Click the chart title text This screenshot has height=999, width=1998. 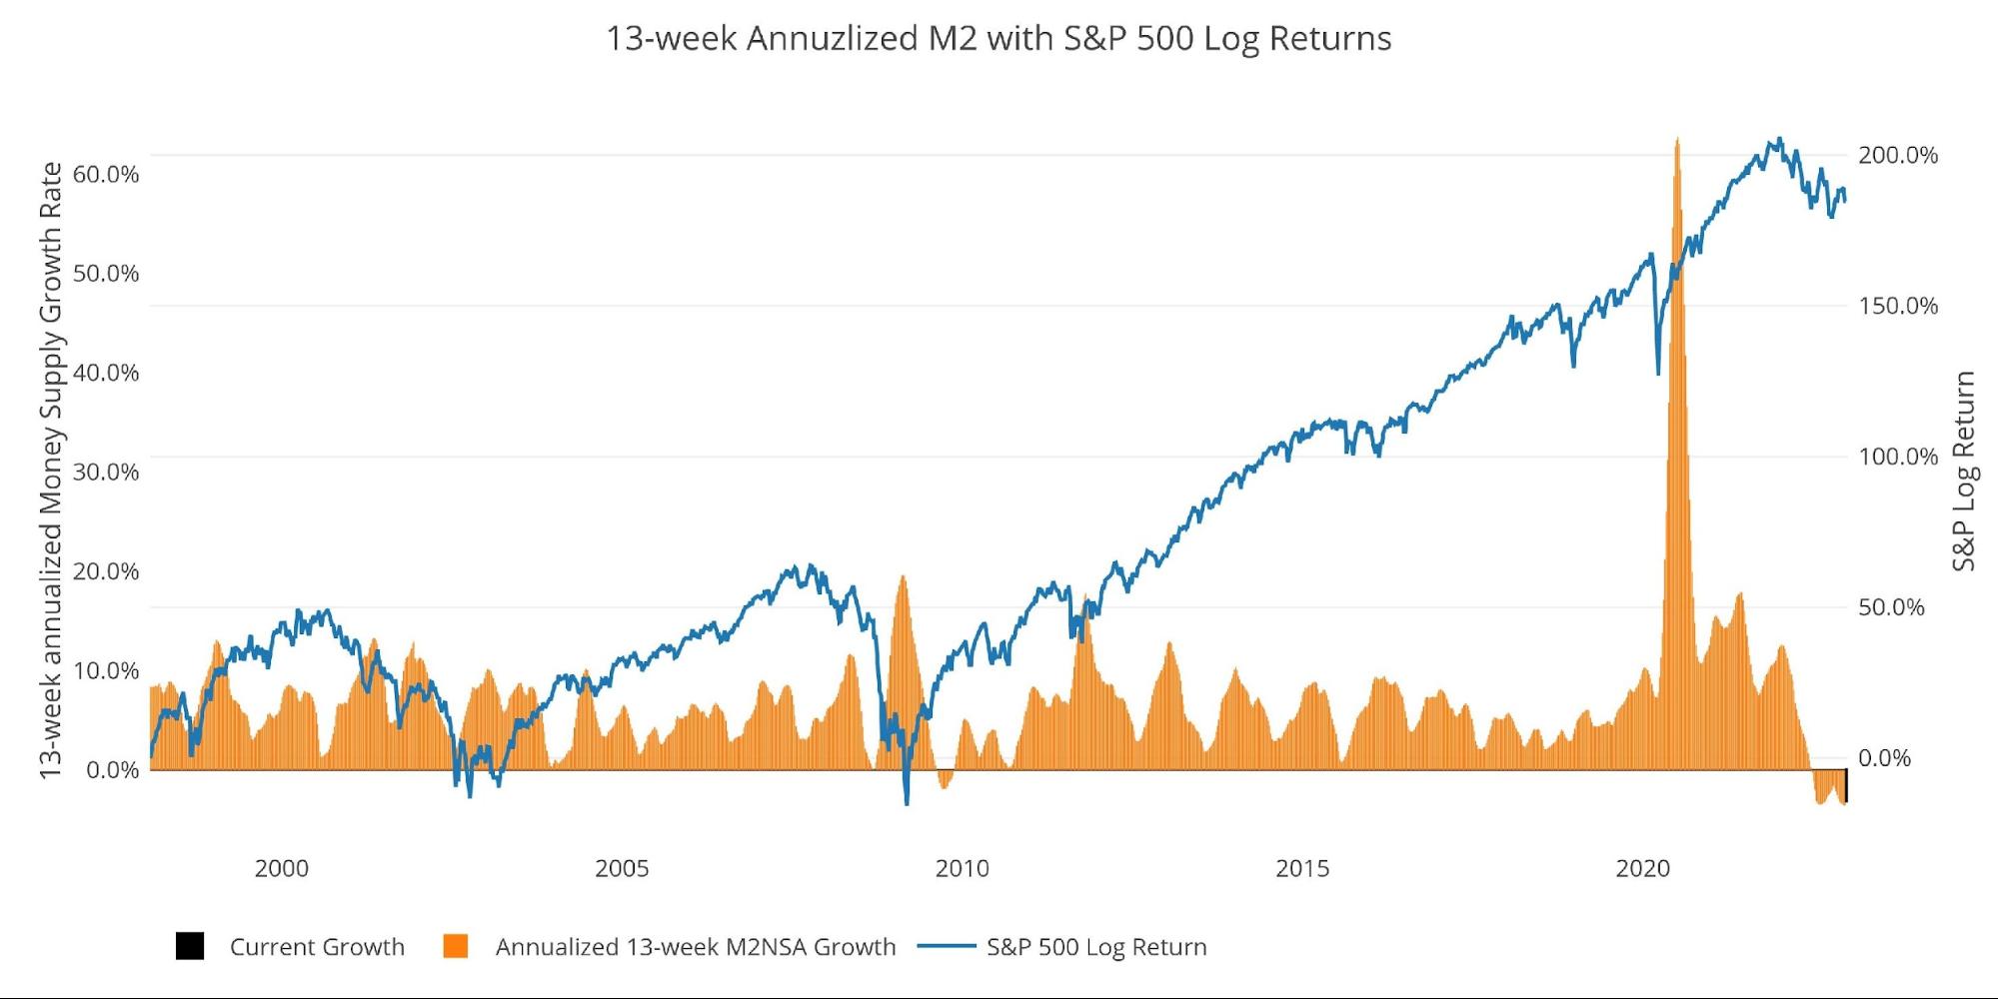pos(999,39)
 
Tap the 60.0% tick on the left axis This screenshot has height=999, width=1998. pos(106,175)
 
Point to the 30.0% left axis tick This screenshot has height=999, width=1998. pos(106,473)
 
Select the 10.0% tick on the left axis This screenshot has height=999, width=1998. pos(106,671)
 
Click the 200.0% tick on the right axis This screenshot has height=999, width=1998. pos(1897,156)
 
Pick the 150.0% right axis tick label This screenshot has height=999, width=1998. pos(1897,307)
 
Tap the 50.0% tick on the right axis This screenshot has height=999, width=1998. pos(1891,608)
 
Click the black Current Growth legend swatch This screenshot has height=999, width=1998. pos(190,946)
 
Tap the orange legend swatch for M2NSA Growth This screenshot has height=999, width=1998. pos(456,946)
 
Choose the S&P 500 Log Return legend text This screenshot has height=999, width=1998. pos(1096,947)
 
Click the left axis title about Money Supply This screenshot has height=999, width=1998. pos(51,470)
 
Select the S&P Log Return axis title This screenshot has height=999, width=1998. pos(1964,471)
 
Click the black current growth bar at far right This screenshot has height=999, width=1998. pos(1845,786)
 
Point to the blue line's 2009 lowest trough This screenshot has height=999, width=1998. pos(907,802)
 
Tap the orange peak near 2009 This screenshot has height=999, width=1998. pos(903,577)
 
